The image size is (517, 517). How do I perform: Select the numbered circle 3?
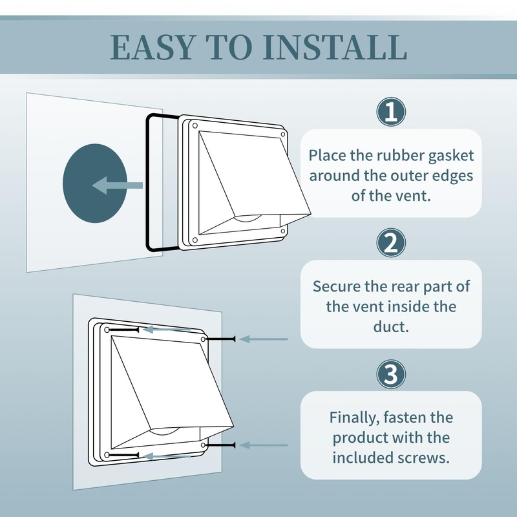(391, 374)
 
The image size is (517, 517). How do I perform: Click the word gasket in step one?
(450, 156)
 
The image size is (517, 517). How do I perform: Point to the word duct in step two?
(391, 326)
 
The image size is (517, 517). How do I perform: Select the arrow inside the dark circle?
(116, 186)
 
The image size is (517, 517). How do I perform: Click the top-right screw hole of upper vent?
(282, 134)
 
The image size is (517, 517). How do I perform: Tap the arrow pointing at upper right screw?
(262, 338)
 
